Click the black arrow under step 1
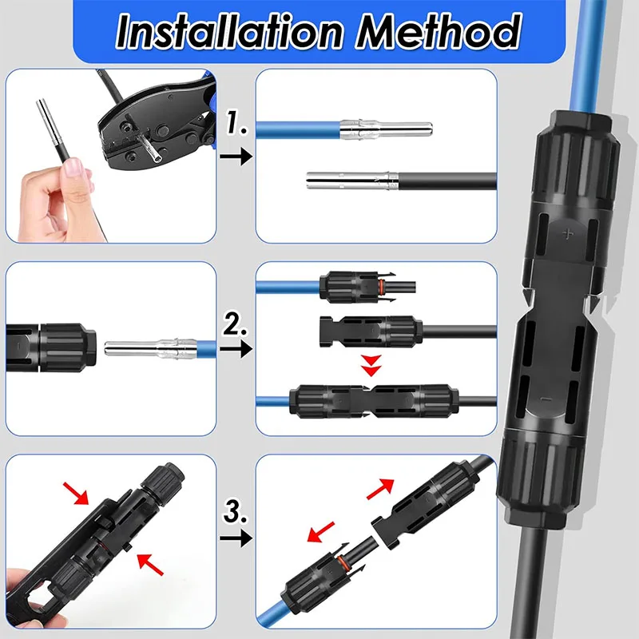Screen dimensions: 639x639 tap(233, 157)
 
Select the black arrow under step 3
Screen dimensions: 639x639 tap(233, 541)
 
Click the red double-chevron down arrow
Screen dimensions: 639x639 tap(369, 367)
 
